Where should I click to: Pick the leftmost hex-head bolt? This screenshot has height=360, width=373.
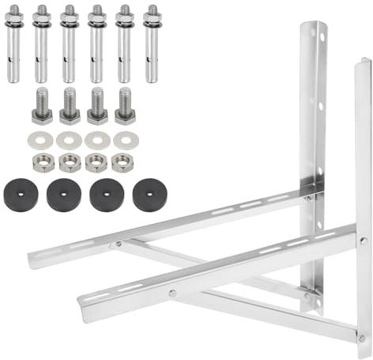pyautogui.click(x=43, y=107)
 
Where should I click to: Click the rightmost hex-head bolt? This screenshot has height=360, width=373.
pyautogui.click(x=124, y=107)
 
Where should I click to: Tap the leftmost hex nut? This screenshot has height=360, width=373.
pyautogui.click(x=43, y=164)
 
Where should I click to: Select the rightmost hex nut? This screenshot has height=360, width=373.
pyautogui.click(x=122, y=164)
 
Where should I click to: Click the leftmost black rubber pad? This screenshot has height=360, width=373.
pyautogui.click(x=18, y=195)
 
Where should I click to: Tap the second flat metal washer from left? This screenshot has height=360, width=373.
pyautogui.click(x=70, y=141)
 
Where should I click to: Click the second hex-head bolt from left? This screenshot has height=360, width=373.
pyautogui.click(x=70, y=107)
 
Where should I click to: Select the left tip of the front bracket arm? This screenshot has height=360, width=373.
pyautogui.click(x=83, y=301)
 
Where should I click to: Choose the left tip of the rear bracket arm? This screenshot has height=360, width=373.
pyautogui.click(x=33, y=261)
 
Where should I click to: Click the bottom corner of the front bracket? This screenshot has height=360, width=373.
pyautogui.click(x=361, y=340)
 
